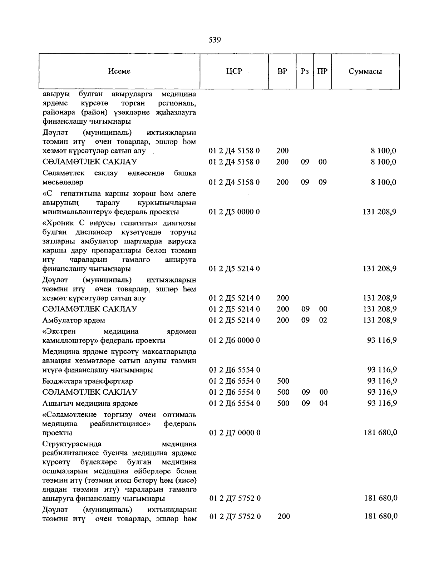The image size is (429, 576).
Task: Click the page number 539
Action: pyautogui.click(x=214, y=40)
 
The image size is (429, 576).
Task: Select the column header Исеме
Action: pyautogui.click(x=119, y=71)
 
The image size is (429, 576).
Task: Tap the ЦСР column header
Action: pyautogui.click(x=234, y=71)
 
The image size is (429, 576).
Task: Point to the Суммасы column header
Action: pyautogui.click(x=365, y=71)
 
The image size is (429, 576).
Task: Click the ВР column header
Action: pyautogui.click(x=282, y=71)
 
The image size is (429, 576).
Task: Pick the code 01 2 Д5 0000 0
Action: pyautogui.click(x=234, y=212)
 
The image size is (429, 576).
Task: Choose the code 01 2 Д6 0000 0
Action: pyautogui.click(x=235, y=340)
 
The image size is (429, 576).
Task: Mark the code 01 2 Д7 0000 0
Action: pyautogui.click(x=235, y=433)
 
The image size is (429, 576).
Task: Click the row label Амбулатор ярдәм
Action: pyautogui.click(x=74, y=320)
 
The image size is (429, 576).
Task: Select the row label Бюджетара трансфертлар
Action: pyautogui.click(x=88, y=381)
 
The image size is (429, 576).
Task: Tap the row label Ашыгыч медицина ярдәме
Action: pyautogui.click(x=90, y=404)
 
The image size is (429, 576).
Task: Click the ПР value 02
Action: pyautogui.click(x=323, y=320)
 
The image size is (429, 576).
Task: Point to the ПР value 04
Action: pyautogui.click(x=324, y=403)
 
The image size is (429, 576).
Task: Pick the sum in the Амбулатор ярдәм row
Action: pyautogui.click(x=379, y=320)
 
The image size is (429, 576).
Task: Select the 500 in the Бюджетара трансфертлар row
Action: pyautogui.click(x=283, y=381)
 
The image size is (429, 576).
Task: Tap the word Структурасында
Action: pyautogui.click(x=71, y=444)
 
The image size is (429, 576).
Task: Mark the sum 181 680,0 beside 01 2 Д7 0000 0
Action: pyautogui.click(x=380, y=433)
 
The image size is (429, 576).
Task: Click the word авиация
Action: pyautogui.click(x=56, y=361)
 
